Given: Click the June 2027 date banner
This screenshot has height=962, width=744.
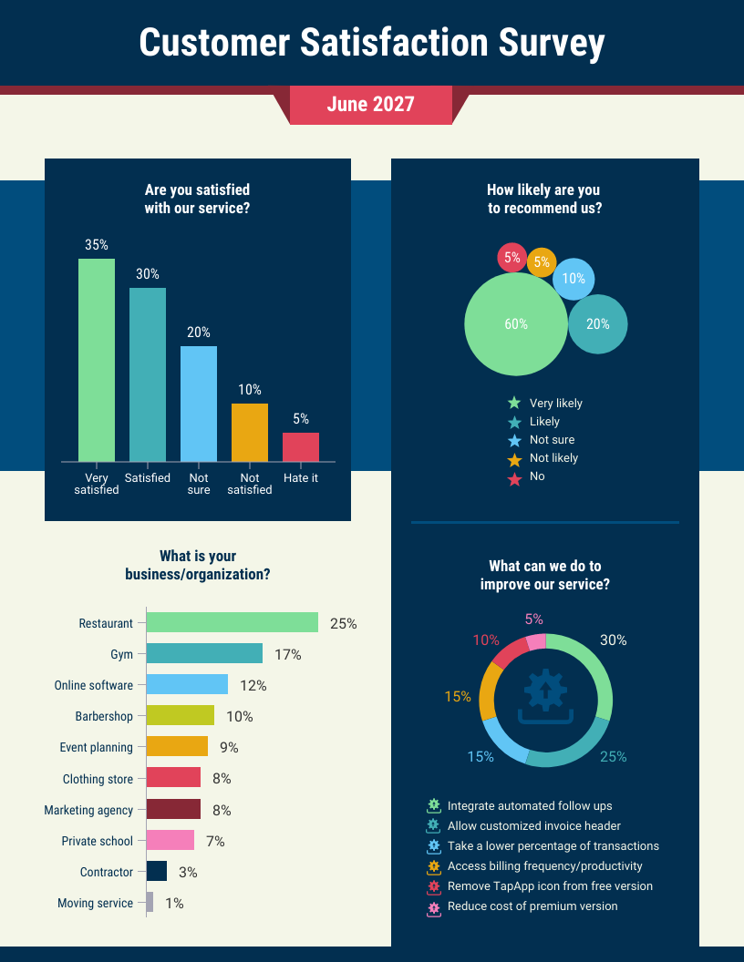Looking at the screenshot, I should tap(370, 105).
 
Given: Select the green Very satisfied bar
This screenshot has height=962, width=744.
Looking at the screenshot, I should tap(97, 360).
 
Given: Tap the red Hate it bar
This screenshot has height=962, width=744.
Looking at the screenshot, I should tap(301, 447).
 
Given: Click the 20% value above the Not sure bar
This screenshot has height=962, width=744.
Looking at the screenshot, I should tap(199, 333).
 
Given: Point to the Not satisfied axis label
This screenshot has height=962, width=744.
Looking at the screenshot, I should tap(250, 484).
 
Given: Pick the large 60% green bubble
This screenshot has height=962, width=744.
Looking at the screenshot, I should tap(516, 324).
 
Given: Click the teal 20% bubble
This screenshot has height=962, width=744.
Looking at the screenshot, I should tap(598, 324).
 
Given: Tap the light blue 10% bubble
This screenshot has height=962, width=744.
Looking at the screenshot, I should tap(573, 280).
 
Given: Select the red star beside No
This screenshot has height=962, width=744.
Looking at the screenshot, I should tap(514, 477).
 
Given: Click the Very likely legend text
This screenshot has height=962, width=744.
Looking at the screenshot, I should tap(555, 404).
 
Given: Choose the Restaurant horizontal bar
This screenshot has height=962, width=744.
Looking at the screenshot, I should tap(232, 623).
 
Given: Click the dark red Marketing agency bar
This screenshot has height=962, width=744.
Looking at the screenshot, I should tap(173, 810).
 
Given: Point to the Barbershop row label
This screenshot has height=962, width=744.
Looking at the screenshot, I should tap(104, 717).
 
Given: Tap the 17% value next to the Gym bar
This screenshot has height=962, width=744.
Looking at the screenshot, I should tap(287, 655).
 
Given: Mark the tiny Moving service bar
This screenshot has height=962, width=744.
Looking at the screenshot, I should tap(150, 903).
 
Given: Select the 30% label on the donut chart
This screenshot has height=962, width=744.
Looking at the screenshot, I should tap(613, 640).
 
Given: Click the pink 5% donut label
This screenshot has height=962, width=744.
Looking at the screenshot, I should tap(533, 619).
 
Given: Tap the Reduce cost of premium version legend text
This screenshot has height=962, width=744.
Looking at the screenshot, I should tap(532, 906).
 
